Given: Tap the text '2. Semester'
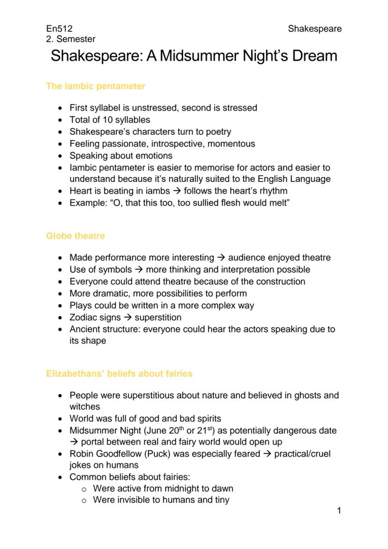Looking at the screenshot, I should pos(71,39).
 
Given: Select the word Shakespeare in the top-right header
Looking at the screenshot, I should pos(314,29).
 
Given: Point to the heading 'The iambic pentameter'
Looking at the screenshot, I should pos(96,86).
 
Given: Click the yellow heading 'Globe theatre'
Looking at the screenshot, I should pos(75,236).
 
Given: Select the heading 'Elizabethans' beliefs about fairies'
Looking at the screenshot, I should pos(119,374).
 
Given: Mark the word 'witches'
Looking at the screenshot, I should pos(85,406).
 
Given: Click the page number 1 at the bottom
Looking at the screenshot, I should pos(339,511).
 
